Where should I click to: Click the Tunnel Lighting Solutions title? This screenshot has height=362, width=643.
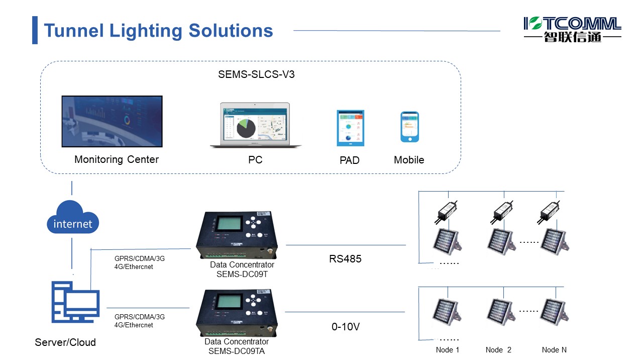tap(158, 31)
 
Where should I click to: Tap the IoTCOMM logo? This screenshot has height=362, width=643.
tap(572, 29)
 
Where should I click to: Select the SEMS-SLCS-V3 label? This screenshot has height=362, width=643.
tap(256, 75)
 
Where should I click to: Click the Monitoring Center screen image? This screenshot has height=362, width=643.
tap(112, 121)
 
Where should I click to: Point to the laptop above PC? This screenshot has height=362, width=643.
tap(256, 125)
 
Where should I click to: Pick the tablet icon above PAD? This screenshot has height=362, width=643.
tap(350, 128)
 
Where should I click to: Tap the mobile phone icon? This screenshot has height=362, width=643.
tap(409, 127)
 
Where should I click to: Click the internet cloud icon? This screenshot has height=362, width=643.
tap(73, 220)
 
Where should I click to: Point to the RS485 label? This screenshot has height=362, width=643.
tap(345, 259)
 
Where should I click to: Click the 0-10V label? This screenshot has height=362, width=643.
tap(346, 327)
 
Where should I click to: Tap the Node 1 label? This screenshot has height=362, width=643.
tap(447, 350)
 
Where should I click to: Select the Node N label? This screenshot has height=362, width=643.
tap(554, 350)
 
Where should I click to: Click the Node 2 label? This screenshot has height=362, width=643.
tap(498, 350)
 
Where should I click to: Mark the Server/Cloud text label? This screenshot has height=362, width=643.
tap(65, 342)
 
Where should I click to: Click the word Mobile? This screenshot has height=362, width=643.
tap(409, 160)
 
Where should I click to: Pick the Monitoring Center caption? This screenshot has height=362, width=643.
tap(117, 159)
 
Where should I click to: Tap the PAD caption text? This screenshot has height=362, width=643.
tap(350, 160)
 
